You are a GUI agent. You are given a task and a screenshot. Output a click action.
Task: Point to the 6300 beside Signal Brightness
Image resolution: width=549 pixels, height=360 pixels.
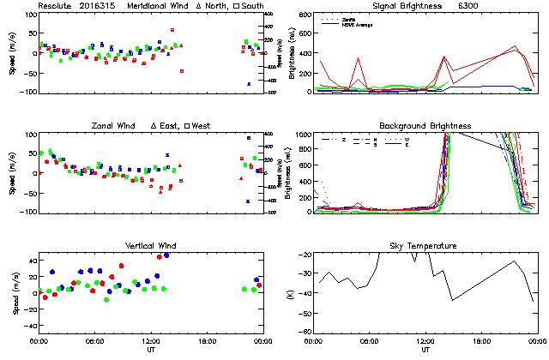coord(469,5)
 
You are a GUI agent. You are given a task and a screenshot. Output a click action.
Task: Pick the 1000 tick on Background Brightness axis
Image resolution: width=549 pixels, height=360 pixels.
coord(303,135)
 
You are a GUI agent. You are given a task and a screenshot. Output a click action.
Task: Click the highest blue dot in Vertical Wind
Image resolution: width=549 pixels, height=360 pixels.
coord(166,255)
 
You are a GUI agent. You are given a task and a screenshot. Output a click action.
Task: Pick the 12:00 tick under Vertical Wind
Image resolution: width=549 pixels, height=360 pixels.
coord(152,341)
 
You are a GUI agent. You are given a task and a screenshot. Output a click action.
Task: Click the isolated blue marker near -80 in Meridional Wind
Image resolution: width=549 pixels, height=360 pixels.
coord(249,84)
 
